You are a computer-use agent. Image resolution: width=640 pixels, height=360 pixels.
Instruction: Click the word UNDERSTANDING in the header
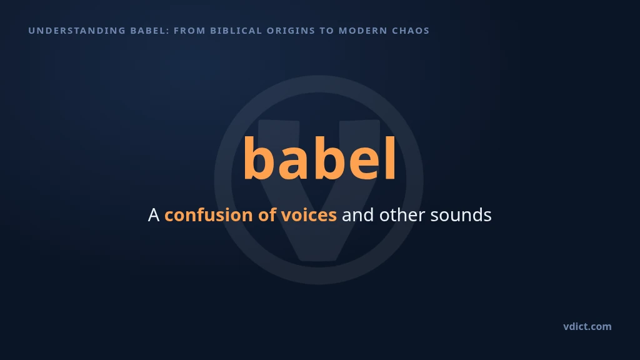[77, 31]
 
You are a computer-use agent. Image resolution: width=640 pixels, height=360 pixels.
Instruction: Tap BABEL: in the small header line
[150, 31]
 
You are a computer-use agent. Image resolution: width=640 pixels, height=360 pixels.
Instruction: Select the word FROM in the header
[189, 31]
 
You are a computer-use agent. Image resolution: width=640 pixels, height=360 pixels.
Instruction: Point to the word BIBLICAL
[236, 31]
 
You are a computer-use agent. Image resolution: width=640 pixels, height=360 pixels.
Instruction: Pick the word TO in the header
[327, 31]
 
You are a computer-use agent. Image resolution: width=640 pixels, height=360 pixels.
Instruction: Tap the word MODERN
[363, 31]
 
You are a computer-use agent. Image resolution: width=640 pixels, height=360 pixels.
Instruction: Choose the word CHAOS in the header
[411, 31]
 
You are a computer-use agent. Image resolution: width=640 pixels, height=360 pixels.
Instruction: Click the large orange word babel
[319, 158]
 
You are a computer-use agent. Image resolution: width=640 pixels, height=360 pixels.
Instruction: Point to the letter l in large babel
[391, 157]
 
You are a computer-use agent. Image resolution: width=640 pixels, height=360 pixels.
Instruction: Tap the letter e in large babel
[364, 163]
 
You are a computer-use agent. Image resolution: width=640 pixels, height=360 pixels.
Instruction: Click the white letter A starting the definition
[154, 215]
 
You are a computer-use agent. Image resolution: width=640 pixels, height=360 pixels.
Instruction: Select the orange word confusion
[209, 215]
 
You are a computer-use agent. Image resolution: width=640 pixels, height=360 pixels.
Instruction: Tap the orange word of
[267, 215]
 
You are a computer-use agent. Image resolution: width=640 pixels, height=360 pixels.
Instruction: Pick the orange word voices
[309, 215]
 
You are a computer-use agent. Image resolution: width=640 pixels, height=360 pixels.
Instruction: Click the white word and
[357, 215]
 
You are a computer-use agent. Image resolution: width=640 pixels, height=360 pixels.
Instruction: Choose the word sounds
[461, 215]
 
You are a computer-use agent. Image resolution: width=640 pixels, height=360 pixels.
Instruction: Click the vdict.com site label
[587, 326]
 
